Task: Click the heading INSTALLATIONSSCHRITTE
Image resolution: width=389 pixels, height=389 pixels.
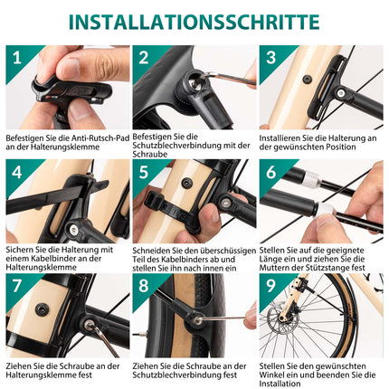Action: click(x=194, y=21)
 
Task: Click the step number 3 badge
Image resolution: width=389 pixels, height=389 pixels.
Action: click(x=271, y=59)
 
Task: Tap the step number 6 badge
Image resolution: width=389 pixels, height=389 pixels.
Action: click(x=271, y=172)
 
